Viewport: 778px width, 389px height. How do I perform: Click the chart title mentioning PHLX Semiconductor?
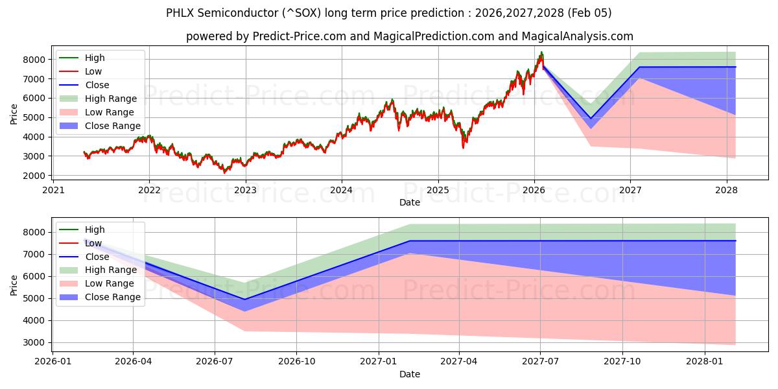388,13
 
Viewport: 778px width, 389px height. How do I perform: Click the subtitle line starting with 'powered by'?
409,36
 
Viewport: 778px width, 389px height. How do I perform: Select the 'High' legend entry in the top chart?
94,58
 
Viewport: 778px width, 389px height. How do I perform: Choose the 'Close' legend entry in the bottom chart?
97,257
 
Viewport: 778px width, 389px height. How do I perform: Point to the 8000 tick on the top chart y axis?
36,59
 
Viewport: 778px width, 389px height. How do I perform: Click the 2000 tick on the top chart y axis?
36,176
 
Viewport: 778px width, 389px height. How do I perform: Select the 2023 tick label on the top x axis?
245,190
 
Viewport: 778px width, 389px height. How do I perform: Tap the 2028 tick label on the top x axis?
726,190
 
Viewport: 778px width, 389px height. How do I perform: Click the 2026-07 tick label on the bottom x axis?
215,362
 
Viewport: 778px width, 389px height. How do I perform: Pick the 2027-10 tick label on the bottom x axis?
622,362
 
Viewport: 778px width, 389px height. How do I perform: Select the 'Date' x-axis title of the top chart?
409,202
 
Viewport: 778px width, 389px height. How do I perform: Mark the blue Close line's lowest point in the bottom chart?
245,300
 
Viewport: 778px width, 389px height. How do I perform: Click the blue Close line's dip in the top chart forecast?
590,119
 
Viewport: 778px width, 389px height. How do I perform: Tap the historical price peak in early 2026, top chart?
541,53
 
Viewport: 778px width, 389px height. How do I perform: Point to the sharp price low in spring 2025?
463,147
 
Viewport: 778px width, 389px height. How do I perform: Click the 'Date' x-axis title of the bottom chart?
409,374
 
